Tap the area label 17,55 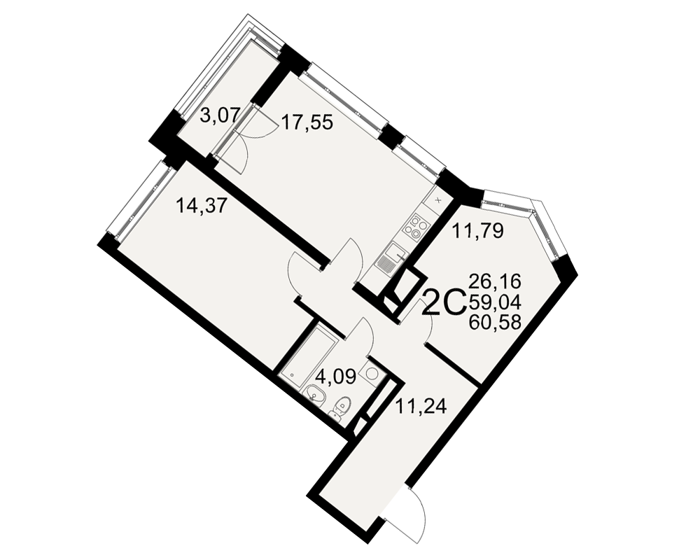[307, 122]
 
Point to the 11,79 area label [477, 230]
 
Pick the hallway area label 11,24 [421, 407]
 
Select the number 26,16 [495, 282]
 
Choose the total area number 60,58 [495, 322]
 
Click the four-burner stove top [416, 226]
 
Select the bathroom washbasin [316, 395]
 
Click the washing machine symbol [372, 372]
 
